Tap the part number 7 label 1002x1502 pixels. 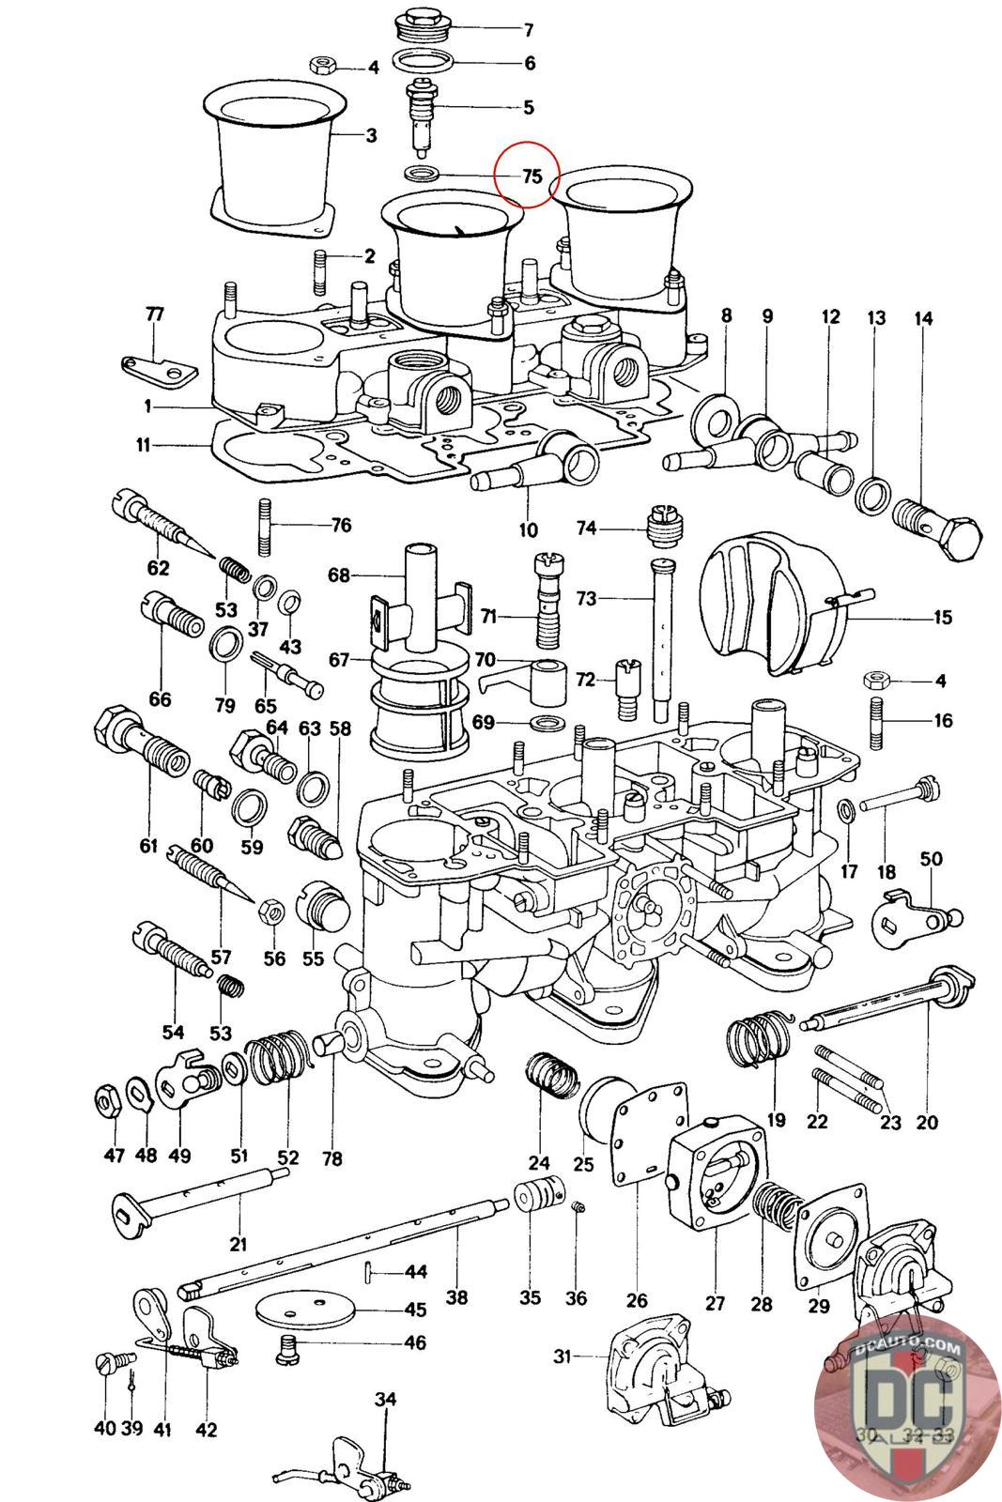(529, 30)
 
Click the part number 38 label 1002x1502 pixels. (456, 1298)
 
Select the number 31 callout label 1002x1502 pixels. (562, 1356)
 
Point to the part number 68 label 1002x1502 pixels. (338, 574)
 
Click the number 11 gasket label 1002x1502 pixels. (142, 446)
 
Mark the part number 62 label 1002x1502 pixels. (158, 567)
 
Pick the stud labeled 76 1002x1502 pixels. (264, 528)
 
